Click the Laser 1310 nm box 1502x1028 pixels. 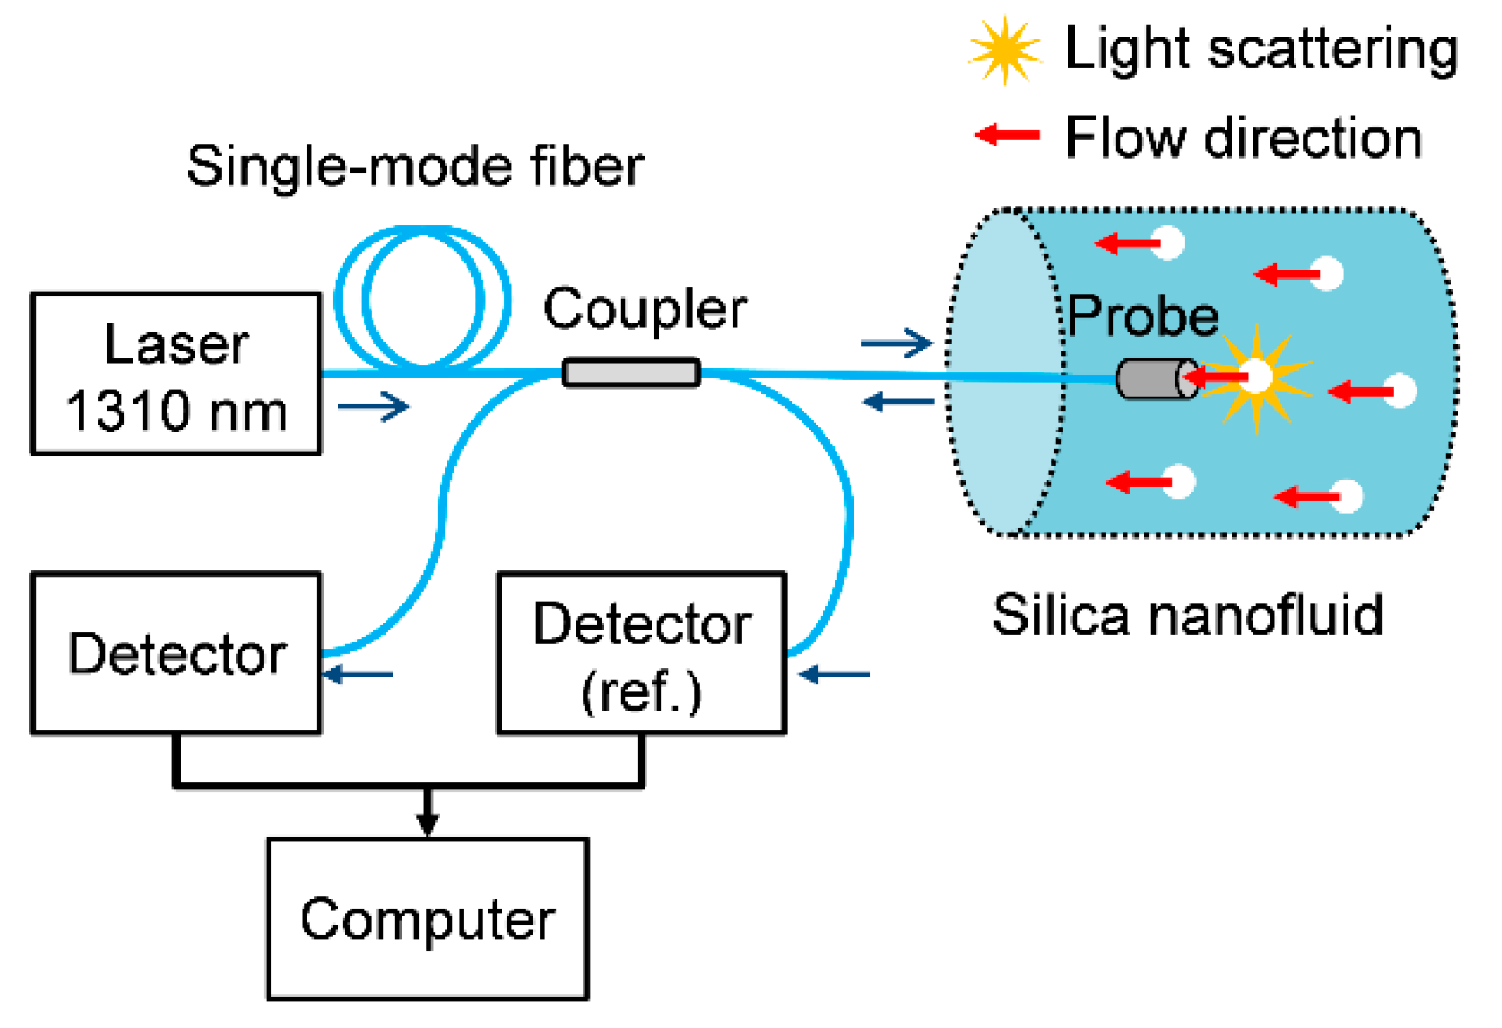point(175,374)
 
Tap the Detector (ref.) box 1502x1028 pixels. point(641,653)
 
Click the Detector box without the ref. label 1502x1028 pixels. point(175,653)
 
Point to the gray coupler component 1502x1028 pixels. point(631,372)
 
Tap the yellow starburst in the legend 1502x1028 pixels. point(1005,50)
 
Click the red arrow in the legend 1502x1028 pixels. point(1007,135)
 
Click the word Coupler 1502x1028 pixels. point(645,309)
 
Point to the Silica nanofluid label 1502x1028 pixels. point(1187,615)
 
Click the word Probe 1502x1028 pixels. point(1143,316)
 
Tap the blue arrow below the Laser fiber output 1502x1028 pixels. point(373,406)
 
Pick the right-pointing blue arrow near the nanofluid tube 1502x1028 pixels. point(896,343)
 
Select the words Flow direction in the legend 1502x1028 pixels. point(1243,138)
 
